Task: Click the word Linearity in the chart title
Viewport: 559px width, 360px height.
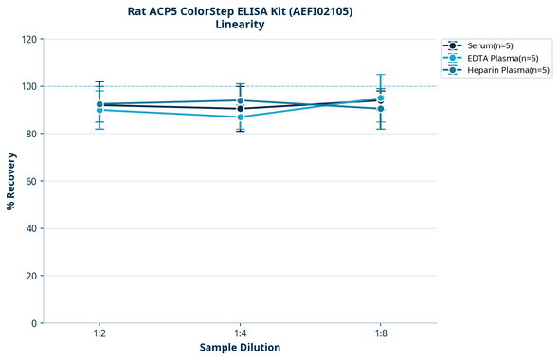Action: (240, 25)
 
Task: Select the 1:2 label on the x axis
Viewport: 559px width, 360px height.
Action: (99, 333)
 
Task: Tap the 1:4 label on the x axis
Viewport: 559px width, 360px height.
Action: (240, 333)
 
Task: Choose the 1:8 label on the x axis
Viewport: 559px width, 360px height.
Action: (380, 333)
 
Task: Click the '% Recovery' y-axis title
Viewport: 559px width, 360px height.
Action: (11, 181)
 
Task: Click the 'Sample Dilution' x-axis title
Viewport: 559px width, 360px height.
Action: (240, 348)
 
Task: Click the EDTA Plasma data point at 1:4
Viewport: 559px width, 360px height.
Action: (240, 117)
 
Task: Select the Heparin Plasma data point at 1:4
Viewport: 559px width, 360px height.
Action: (240, 100)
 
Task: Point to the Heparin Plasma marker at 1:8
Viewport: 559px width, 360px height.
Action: (380, 109)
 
